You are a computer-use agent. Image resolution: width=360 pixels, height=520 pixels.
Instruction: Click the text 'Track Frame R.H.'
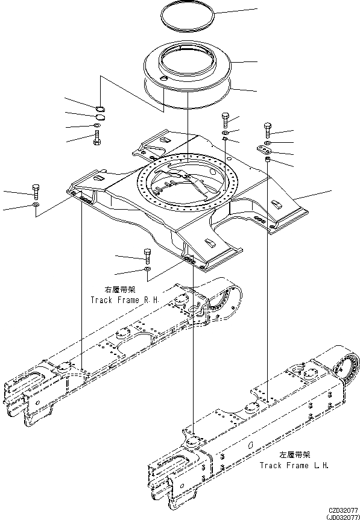pos(124,299)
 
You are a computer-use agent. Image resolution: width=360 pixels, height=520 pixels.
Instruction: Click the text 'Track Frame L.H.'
pos(294,465)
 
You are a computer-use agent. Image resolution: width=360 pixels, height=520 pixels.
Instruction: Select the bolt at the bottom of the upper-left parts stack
pos(96,139)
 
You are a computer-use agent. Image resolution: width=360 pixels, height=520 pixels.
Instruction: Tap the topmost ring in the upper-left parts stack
pos(100,108)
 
